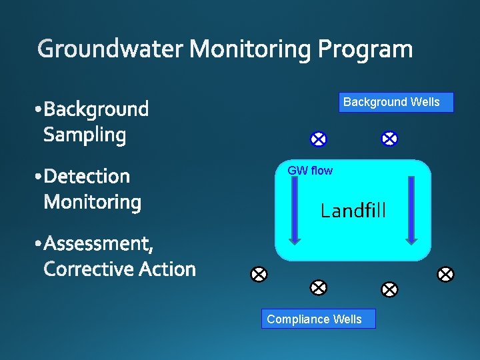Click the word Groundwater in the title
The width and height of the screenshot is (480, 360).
(111, 50)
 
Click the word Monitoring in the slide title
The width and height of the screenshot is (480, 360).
(251, 50)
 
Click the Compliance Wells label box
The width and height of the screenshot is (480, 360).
(319, 319)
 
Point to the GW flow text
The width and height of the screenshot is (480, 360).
(310, 171)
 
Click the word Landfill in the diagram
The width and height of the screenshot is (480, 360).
(353, 211)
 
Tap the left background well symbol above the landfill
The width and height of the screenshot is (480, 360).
(319, 139)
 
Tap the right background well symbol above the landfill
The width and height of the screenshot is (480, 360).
(389, 139)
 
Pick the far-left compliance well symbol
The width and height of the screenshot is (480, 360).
(259, 274)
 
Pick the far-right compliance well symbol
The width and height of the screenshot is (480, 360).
(445, 274)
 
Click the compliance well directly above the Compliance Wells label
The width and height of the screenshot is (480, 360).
(319, 287)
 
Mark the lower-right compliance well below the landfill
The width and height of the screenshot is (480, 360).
(389, 289)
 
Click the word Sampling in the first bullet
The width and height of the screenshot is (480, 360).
(85, 135)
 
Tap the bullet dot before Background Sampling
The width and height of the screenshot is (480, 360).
(37, 109)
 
